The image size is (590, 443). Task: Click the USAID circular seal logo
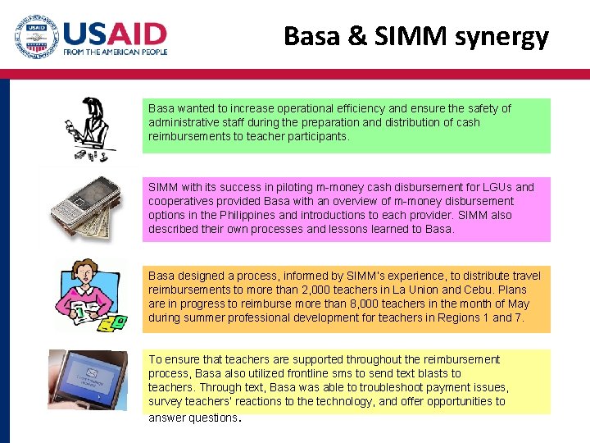point(36,37)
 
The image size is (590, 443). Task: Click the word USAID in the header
point(115,34)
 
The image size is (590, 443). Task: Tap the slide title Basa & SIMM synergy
point(416,36)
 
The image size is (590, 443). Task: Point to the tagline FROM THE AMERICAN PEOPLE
point(115,52)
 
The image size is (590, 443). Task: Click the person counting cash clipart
point(93,130)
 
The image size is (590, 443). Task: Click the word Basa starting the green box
point(161,108)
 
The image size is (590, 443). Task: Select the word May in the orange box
point(518,304)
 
